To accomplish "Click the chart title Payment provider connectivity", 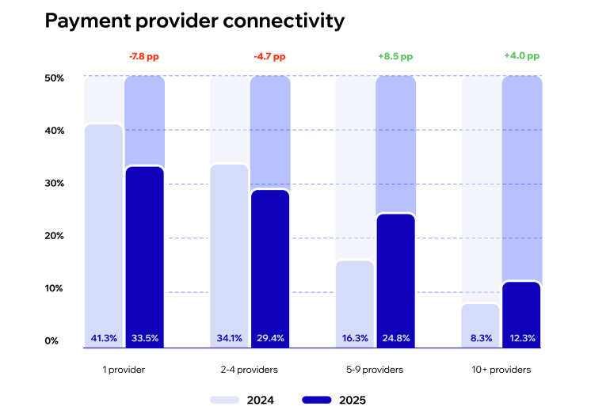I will (194, 21).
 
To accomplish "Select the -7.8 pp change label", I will (144, 57).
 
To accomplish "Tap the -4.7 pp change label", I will (269, 57).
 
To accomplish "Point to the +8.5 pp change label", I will (395, 57).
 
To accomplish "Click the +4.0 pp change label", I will (521, 57).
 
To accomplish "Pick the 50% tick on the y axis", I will (55, 78).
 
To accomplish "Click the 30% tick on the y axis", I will (55, 183).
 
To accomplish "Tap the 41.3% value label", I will (103, 338).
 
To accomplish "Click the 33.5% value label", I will (144, 338).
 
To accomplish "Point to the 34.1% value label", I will (230, 338).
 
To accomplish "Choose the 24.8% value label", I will (395, 338).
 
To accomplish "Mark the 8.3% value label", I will (481, 338).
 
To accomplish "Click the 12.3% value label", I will (521, 338).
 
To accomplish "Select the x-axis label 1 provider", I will (124, 370).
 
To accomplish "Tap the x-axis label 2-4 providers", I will (250, 370).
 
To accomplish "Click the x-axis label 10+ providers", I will (501, 370).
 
